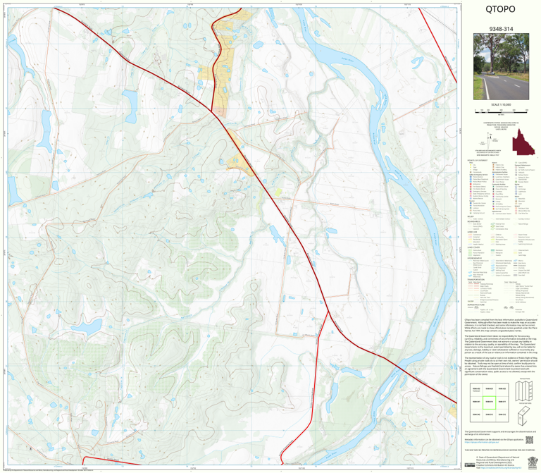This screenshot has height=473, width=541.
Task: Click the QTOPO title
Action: (500, 10)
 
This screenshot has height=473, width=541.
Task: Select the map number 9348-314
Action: (500, 30)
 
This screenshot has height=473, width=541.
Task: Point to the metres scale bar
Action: (500, 111)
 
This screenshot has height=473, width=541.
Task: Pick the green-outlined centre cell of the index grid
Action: (487, 401)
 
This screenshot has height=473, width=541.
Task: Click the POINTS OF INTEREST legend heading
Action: (473, 161)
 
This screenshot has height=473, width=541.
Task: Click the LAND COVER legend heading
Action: (471, 247)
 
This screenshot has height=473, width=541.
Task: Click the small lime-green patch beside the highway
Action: (278, 191)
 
